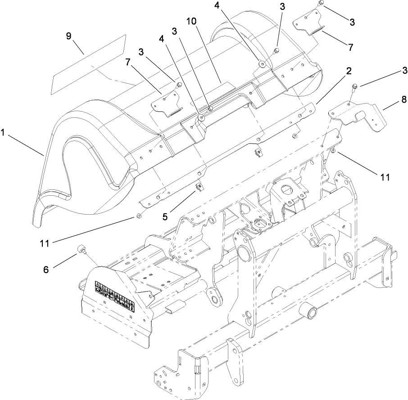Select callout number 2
349,71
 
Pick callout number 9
69,36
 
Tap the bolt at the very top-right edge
321,4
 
